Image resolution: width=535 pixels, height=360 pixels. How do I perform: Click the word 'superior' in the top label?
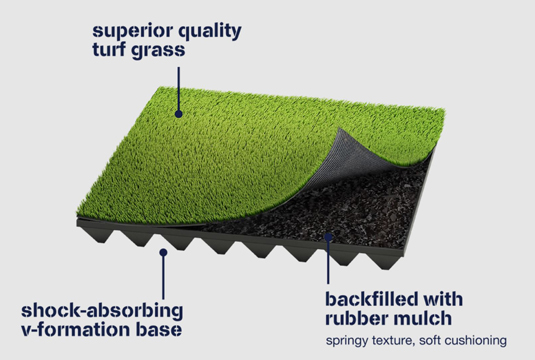coord(123,28)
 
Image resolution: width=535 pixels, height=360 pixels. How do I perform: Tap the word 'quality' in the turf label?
coord(205,28)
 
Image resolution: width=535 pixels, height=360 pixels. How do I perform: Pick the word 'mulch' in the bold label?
coord(424,320)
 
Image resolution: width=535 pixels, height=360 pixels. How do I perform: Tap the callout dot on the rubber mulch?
coord(328,237)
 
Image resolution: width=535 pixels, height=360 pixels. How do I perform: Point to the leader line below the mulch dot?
coord(328,264)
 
